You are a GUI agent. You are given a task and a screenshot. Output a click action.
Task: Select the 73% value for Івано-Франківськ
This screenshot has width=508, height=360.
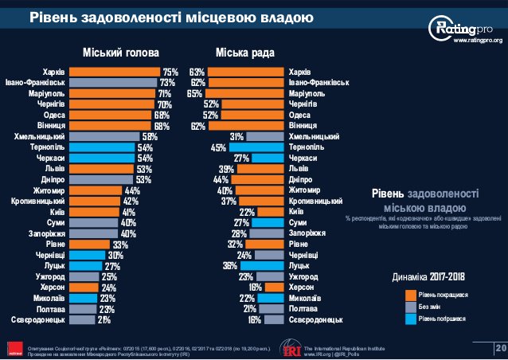pos(167,82)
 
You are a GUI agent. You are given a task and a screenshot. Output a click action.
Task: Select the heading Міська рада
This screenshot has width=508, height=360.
pos(245,53)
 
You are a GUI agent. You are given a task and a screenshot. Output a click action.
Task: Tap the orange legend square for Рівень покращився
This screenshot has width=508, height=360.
pos(400,294)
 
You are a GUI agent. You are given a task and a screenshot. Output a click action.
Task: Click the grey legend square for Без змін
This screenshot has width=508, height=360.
pos(400,307)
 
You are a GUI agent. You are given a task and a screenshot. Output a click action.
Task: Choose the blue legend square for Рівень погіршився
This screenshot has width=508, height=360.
pos(400,321)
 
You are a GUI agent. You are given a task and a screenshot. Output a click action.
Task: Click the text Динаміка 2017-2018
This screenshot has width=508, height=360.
pos(428,277)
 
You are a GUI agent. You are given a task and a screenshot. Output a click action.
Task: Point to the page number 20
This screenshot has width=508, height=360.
pos(500,348)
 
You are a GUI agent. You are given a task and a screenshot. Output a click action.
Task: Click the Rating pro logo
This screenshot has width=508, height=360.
pos(463,27)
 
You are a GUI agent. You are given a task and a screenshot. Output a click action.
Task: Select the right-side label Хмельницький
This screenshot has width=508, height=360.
pos(315,136)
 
